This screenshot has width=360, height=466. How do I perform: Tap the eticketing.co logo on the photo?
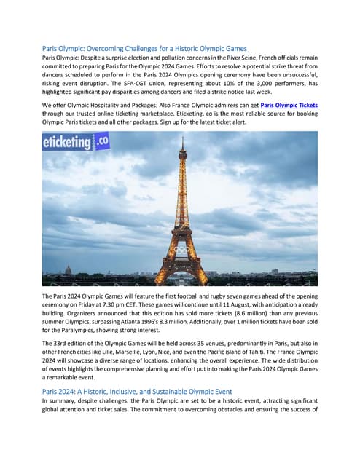pos(76,142)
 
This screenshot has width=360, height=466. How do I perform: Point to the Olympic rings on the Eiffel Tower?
pos(180,250)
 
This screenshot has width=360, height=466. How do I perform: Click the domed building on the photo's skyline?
pos(69,272)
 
